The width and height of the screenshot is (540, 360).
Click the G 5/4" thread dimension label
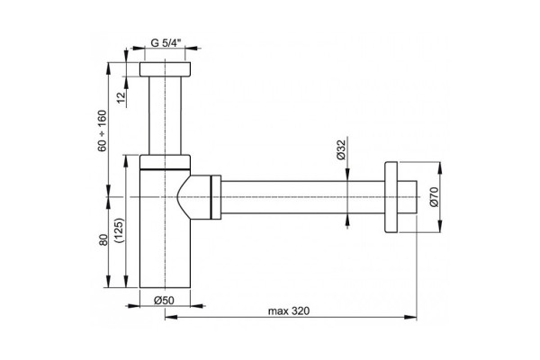click(x=166, y=43)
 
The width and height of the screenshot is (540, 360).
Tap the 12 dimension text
click(x=121, y=97)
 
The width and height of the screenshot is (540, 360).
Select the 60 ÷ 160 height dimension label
click(x=103, y=130)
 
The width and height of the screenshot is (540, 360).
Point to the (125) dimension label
click(x=119, y=230)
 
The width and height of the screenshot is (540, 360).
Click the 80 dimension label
click(x=103, y=239)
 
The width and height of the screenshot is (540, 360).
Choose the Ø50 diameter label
click(x=164, y=301)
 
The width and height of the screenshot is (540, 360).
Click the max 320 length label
click(x=289, y=311)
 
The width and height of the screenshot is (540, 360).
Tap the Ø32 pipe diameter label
click(x=340, y=150)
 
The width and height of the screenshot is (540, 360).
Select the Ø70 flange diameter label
click(x=435, y=197)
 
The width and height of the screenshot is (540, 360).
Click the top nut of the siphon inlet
click(x=165, y=69)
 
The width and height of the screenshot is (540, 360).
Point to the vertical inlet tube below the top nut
click(x=165, y=115)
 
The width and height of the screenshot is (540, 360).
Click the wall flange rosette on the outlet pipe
click(x=391, y=197)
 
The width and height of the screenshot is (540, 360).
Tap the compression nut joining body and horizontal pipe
click(x=216, y=197)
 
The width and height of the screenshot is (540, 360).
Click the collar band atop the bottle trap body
click(x=165, y=162)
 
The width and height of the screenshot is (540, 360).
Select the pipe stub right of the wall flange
click(x=407, y=197)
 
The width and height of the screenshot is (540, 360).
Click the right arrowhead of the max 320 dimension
click(x=411, y=317)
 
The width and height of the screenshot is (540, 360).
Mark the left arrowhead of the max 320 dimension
click(x=171, y=317)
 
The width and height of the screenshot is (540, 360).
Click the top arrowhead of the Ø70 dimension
click(x=440, y=167)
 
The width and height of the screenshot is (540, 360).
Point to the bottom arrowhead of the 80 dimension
click(x=109, y=281)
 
